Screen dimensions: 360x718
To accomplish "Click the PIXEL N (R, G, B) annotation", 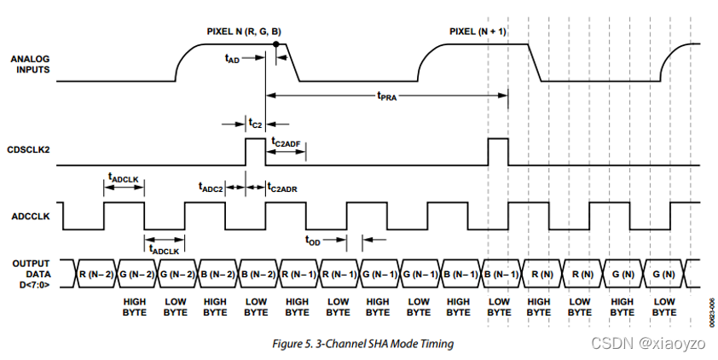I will (244, 32).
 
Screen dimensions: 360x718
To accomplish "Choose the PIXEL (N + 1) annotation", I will (478, 32).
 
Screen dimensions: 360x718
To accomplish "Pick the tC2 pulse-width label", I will (255, 124).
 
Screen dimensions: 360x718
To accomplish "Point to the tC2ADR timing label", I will (282, 185).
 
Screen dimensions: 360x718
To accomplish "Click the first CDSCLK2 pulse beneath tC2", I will (256, 151).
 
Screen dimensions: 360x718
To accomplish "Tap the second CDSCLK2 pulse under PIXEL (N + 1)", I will (498, 151).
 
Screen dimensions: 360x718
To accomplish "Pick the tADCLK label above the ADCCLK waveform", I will (124, 177).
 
